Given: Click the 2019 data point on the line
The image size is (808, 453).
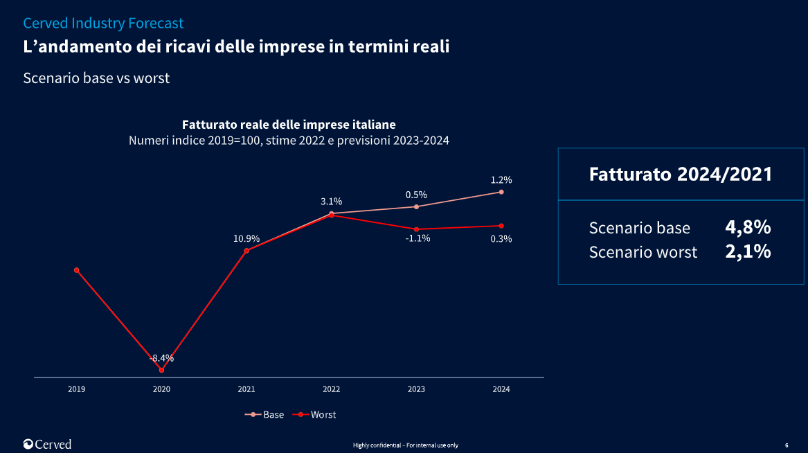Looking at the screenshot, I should click(76, 270).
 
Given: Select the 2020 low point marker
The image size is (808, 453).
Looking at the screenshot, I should click(161, 370).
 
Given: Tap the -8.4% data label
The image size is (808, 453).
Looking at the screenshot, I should click(162, 358).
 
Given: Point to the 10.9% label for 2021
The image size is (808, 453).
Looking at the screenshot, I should click(246, 239).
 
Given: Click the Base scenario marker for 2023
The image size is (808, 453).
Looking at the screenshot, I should click(416, 206).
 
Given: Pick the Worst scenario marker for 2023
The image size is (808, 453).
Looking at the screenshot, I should click(416, 229).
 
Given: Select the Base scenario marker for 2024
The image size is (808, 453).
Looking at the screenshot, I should click(501, 192).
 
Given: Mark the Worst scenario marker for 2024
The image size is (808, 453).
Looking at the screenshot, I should click(501, 226).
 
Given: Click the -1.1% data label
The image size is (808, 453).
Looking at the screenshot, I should click(418, 238).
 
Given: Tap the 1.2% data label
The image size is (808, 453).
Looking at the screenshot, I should click(501, 180).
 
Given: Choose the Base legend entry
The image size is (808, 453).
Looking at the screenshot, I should click(264, 414).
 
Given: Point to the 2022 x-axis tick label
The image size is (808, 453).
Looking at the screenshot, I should click(331, 389).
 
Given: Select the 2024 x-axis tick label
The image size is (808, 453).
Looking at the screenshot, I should click(501, 389).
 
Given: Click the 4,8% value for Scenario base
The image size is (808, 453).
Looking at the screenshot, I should click(748, 227).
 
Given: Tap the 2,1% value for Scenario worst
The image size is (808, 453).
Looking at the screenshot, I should click(748, 251).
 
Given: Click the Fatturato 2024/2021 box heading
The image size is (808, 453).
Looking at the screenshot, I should click(680, 174).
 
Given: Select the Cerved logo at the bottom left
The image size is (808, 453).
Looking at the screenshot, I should click(47, 444).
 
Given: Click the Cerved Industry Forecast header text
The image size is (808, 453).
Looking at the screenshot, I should click(103, 23).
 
